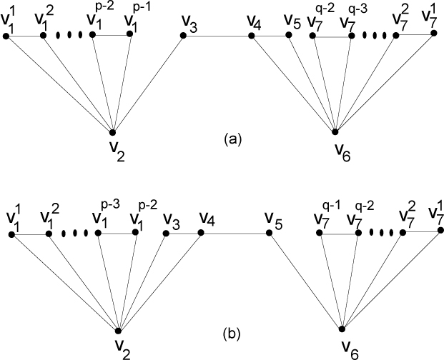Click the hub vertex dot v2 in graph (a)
(113, 131)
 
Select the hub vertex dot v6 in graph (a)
(336, 131)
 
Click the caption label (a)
(232, 140)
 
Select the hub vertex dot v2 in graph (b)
(119, 329)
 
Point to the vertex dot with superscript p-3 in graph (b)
(97, 232)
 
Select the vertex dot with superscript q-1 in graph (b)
(324, 232)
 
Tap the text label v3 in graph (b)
(170, 217)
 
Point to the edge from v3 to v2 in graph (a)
(148, 83)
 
